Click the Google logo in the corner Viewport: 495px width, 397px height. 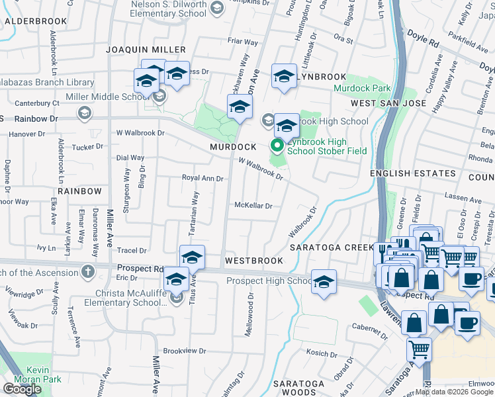point(22,389)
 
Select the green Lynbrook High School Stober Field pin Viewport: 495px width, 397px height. point(277,146)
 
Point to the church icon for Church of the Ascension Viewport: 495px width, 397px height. point(87,272)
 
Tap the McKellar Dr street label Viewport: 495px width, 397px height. point(253,206)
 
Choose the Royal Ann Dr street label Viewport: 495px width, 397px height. point(202,178)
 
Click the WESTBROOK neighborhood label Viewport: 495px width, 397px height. point(253,261)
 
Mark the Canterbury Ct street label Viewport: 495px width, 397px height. point(37,103)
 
